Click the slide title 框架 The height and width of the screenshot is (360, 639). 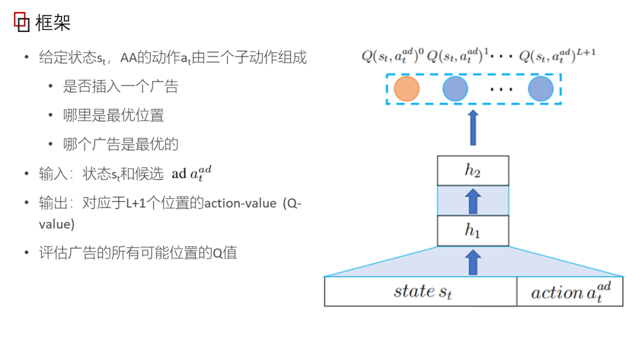point(53,23)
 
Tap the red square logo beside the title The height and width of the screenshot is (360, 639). point(21,22)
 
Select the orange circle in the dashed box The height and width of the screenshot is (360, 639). point(406,89)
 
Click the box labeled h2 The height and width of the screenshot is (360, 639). point(473,171)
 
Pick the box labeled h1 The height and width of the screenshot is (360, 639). point(473,231)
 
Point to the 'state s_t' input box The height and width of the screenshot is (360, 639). point(421,291)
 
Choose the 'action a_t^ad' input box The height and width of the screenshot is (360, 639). point(570,291)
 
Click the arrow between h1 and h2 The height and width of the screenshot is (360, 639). point(473,201)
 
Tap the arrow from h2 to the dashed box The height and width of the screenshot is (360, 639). point(473,127)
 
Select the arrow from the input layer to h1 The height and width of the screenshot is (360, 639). point(473,262)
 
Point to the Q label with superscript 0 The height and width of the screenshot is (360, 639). point(392,57)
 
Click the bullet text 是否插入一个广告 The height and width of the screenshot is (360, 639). point(121,86)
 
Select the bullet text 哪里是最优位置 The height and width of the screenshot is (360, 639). point(114,115)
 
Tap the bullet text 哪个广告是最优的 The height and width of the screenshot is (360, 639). point(121,144)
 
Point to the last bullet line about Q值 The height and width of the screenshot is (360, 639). point(138,253)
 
